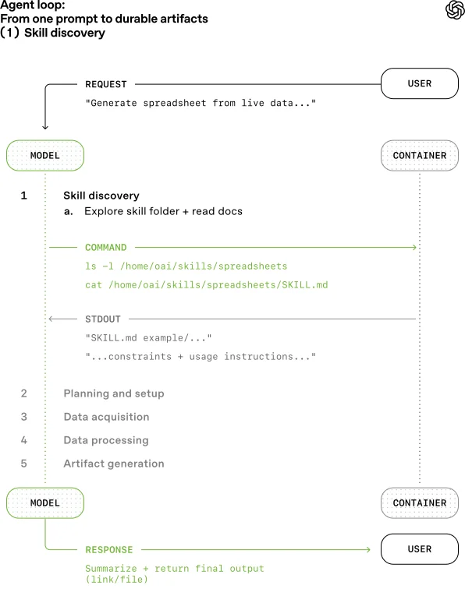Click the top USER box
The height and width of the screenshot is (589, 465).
pyautogui.click(x=419, y=83)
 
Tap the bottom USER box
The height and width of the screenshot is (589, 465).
pyautogui.click(x=419, y=549)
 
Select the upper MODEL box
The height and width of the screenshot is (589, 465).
pyautogui.click(x=44, y=155)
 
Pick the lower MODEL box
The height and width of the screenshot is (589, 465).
pyautogui.click(x=44, y=503)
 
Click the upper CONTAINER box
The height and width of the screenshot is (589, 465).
pyautogui.click(x=419, y=155)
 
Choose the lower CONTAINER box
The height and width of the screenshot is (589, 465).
pyautogui.click(x=419, y=503)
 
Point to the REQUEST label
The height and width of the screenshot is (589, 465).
pyautogui.click(x=105, y=84)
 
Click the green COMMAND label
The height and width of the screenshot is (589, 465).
pyautogui.click(x=105, y=248)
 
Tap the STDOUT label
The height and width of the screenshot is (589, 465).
pyautogui.click(x=103, y=319)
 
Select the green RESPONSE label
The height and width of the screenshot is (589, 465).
pyautogui.click(x=108, y=549)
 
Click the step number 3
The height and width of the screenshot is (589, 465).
pyautogui.click(x=24, y=417)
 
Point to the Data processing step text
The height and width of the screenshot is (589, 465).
pyautogui.click(x=106, y=440)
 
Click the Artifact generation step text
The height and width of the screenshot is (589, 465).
pyautogui.click(x=114, y=464)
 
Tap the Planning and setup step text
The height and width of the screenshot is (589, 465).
pyautogui.click(x=114, y=393)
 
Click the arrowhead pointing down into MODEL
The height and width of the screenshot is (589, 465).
pyautogui.click(x=44, y=126)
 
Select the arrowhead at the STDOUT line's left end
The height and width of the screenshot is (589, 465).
pyautogui.click(x=51, y=319)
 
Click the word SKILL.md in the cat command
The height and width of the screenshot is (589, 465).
pyautogui.click(x=284, y=285)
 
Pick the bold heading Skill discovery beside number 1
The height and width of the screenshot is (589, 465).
pyautogui.click(x=101, y=196)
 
